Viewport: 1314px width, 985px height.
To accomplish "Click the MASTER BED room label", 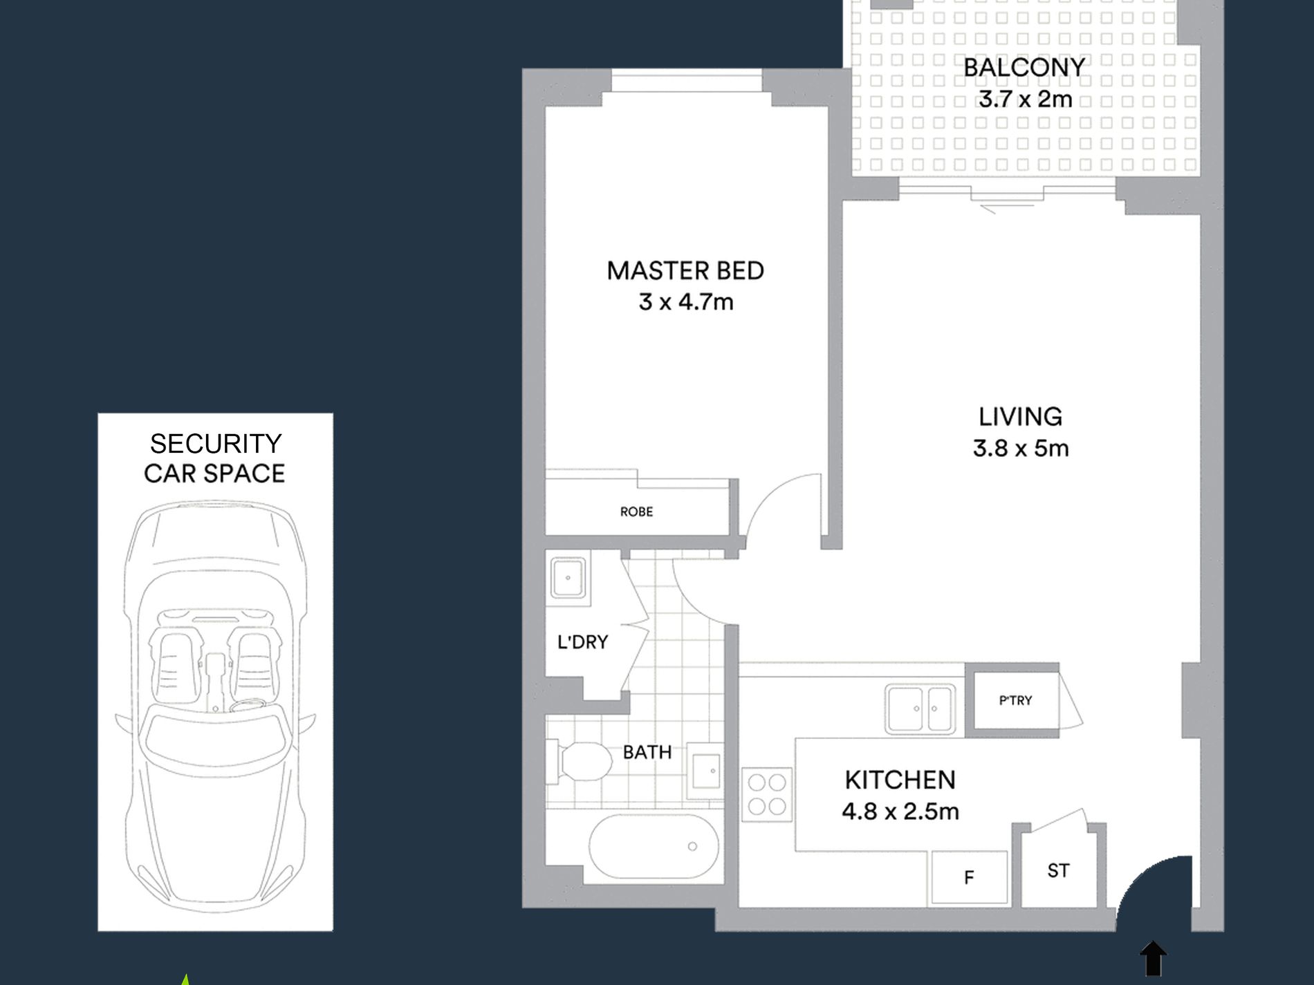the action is pos(685,270).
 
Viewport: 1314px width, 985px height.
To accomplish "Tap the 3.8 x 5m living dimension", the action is pos(1021,449).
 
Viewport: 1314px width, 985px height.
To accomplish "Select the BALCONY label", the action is pos(1024,67).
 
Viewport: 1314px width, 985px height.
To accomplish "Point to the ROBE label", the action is pos(636,512).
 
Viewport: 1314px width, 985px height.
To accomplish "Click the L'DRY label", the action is pos(582,642).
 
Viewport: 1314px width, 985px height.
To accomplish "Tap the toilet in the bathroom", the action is pos(580,762).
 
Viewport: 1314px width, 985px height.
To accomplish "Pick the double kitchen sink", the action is pos(920,709).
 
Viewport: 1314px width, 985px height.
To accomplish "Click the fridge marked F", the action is pos(969,877).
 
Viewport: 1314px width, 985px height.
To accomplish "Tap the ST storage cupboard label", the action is pos(1058,870).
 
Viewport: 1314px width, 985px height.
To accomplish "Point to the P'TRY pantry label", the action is pos(1015,700).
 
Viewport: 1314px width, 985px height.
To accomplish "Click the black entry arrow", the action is pos(1153,959).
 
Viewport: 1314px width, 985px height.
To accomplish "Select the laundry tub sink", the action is pos(568,577).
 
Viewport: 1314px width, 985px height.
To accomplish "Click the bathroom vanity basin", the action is pos(705,771).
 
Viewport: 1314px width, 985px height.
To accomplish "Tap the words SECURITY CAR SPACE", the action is pos(215,458).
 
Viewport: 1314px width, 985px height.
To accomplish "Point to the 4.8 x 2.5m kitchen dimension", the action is pos(900,811).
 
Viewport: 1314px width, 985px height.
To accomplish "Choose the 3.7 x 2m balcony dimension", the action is pos(1025,99).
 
